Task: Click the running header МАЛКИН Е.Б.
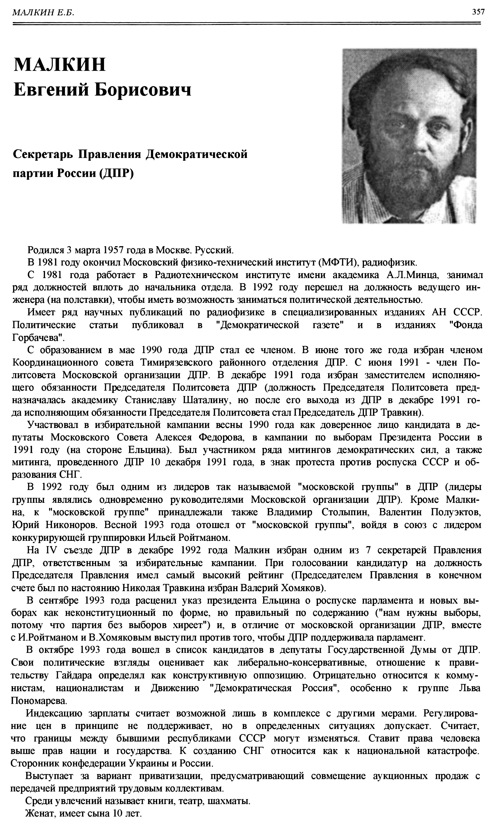(x=43, y=13)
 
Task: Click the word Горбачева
(x=37, y=338)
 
